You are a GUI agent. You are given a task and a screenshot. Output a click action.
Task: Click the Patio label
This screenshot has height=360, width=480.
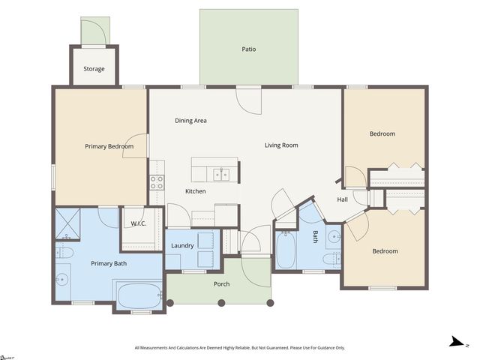[x=248, y=49]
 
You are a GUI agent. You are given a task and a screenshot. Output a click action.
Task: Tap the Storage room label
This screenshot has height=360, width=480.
[x=94, y=69]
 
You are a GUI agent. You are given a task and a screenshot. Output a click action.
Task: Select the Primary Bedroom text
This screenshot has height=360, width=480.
[x=109, y=146]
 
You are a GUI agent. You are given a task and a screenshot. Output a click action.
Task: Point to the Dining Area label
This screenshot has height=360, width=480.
[x=190, y=121]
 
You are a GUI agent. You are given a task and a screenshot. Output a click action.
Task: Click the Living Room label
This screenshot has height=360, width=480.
[x=281, y=145]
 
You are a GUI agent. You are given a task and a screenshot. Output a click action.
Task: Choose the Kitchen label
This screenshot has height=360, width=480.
[x=195, y=191]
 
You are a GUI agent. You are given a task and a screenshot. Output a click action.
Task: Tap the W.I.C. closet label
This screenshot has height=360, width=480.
[x=138, y=223]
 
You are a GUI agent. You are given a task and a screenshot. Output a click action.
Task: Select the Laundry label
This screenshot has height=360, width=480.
[x=182, y=246]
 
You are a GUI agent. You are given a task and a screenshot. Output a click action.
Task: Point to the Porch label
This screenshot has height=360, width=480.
[x=221, y=284]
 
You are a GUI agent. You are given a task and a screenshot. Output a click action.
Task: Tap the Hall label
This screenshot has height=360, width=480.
[x=342, y=199]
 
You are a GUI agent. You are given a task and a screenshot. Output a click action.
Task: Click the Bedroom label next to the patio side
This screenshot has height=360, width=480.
[x=382, y=134]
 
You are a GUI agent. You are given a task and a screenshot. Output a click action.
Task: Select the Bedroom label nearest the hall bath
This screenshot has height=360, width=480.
[x=385, y=251]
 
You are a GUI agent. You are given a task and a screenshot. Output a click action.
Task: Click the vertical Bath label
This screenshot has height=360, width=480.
[x=316, y=237]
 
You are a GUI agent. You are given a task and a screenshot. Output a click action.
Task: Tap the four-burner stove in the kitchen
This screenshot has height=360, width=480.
[x=157, y=181]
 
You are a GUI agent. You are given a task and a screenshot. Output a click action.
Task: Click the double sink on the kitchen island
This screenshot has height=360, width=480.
[x=221, y=175]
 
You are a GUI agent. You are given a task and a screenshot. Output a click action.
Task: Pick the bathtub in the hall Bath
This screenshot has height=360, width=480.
[x=286, y=250]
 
